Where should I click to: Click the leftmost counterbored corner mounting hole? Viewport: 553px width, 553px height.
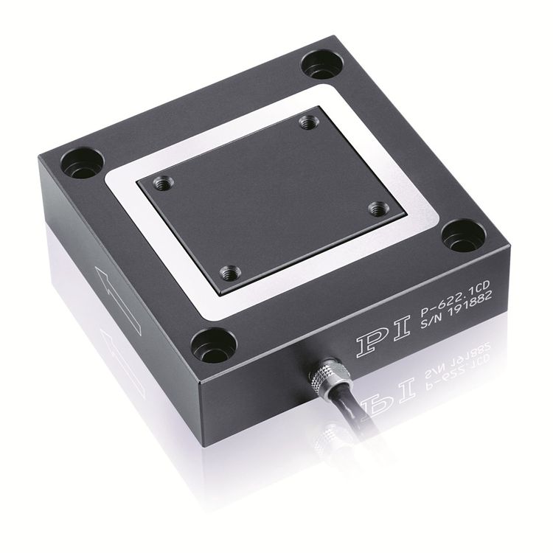pyautogui.click(x=83, y=164)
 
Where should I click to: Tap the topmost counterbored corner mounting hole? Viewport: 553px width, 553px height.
pyautogui.click(x=322, y=65)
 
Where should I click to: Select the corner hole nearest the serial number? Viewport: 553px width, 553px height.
pyautogui.click(x=464, y=236)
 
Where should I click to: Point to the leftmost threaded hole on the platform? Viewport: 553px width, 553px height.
pyautogui.click(x=164, y=184)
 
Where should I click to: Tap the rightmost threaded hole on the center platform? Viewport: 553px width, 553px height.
pyautogui.click(x=379, y=209)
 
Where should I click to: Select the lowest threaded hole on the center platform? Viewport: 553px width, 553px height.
pyautogui.click(x=230, y=273)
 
